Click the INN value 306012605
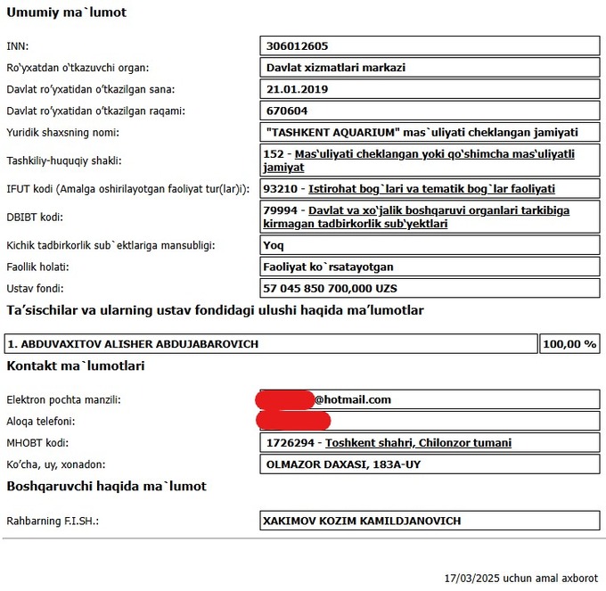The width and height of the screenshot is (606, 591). (x=299, y=46)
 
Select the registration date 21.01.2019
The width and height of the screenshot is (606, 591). (x=298, y=89)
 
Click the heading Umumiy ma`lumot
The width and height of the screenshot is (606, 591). (x=67, y=13)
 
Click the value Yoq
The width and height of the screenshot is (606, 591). (x=274, y=244)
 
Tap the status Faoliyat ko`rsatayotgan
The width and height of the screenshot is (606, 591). (x=329, y=267)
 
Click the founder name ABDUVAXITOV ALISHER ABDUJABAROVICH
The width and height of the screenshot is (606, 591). (x=133, y=344)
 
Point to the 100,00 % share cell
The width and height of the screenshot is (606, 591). (x=569, y=344)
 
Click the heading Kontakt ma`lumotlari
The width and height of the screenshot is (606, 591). (x=76, y=366)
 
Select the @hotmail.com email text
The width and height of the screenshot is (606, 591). (x=353, y=400)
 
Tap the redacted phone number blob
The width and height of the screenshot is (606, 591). (x=293, y=421)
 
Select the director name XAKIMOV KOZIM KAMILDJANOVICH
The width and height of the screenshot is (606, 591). (x=362, y=521)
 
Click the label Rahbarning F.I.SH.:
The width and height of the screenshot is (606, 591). (x=53, y=521)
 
